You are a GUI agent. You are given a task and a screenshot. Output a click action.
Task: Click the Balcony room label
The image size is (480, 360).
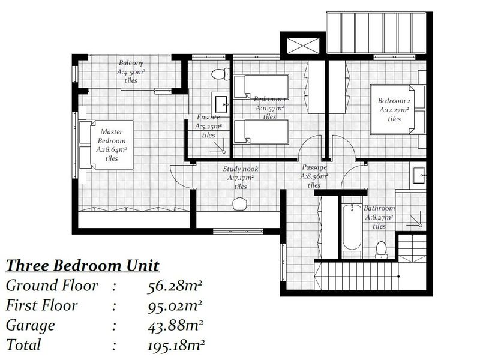130,62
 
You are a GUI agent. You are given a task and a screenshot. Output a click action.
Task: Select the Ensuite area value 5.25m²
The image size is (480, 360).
208,127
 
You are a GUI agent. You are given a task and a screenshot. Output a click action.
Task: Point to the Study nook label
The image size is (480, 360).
241,169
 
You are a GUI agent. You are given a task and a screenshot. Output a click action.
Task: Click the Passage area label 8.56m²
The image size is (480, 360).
315,176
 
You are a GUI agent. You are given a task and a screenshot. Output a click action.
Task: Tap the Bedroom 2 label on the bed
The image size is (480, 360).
394,101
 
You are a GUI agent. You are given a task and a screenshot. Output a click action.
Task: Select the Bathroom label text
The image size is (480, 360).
379,209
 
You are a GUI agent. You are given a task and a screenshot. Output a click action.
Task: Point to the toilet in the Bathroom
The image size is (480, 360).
380,250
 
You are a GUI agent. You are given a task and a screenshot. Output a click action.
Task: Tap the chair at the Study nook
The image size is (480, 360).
239,203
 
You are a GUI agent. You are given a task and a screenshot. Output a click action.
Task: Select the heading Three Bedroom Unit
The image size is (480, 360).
82,266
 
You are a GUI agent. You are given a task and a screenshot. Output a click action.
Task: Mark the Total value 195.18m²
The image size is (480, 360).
175,345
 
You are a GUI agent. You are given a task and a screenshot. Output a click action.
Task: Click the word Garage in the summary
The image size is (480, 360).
30,325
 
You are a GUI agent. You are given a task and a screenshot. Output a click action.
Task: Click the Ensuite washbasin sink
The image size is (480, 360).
219,103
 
